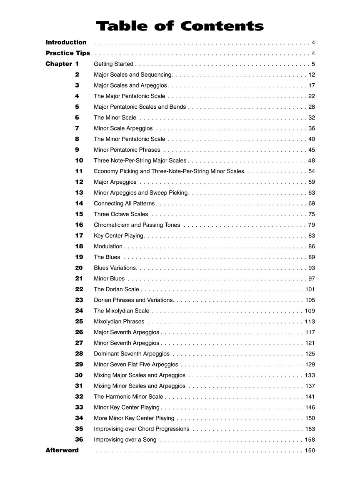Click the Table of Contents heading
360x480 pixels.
180,26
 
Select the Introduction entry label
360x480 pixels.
66,42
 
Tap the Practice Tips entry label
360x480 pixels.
67,53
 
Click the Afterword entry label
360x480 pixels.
62,450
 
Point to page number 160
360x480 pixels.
310,450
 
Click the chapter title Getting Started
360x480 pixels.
113,64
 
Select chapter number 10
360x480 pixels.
79,160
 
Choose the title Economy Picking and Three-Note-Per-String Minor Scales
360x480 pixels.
169,171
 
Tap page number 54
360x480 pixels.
312,171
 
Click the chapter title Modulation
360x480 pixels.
108,246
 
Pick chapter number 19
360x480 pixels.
79,257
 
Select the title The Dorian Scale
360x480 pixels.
116,289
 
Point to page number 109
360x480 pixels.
310,311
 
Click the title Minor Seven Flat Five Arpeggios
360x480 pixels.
136,365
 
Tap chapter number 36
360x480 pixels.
79,440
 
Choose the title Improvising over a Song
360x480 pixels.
125,440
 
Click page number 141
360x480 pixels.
310,397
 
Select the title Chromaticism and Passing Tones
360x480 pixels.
137,225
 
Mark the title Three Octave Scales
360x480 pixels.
121,214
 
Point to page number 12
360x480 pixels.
312,75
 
